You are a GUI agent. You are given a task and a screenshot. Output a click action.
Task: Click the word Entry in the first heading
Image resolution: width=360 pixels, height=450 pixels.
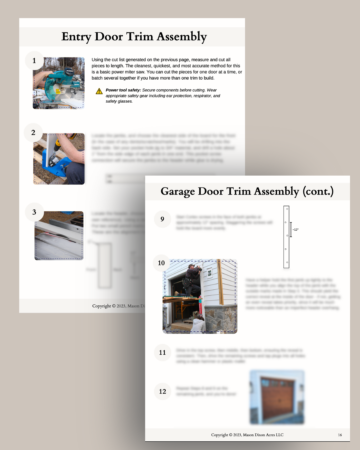pos(76,37)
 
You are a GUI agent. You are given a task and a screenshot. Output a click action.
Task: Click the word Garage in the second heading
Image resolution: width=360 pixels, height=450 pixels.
pos(177,191)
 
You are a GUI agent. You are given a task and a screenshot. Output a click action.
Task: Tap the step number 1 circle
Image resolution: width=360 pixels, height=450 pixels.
pos(34,61)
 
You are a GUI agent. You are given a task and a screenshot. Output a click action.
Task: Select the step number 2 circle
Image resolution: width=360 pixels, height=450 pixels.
pos(33,133)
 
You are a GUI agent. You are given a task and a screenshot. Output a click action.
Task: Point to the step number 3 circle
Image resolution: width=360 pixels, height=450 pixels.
pos(34,212)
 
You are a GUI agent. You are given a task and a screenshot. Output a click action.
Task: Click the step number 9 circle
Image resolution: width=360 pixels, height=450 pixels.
pos(162,219)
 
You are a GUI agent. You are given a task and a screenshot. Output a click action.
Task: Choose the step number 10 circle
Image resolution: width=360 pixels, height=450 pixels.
pos(161,263)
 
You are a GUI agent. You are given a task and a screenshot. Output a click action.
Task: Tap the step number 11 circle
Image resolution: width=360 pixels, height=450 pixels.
pos(162,353)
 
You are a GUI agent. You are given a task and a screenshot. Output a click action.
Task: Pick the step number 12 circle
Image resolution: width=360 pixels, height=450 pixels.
pos(162,391)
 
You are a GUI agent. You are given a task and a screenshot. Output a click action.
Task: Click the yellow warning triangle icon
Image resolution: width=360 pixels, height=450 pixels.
pos(99,91)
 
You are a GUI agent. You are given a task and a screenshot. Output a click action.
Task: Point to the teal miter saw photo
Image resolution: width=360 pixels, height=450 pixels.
pos(59,83)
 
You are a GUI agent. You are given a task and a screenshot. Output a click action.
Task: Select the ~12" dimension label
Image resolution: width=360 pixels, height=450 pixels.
pos(296,230)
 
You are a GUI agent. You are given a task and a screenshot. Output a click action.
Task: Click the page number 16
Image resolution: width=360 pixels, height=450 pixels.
pos(340,435)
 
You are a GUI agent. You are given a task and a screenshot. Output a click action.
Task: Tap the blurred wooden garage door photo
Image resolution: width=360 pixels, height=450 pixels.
pos(277,397)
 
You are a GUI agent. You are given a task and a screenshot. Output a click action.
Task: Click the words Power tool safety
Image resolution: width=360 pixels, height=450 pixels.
pos(123,90)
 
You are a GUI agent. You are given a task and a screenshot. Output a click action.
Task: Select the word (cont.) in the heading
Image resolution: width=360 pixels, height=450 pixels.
pos(318,191)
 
